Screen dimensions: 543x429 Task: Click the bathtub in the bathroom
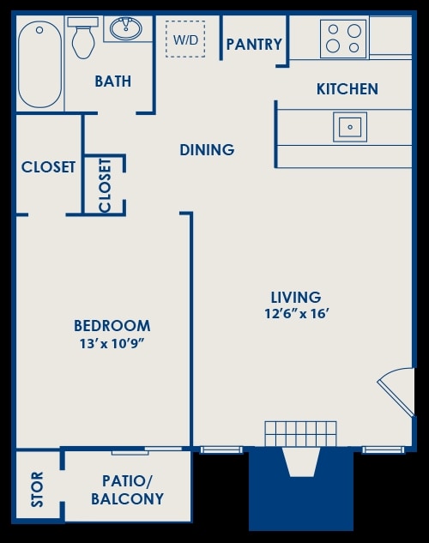40,64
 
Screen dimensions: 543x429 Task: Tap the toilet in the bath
83,38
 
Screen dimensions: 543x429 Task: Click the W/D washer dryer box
184,39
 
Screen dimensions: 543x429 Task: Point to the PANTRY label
254,44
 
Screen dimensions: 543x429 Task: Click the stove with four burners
343,38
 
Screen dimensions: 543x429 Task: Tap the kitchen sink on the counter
349,127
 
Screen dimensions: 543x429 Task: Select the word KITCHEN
347,89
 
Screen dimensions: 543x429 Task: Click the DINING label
207,150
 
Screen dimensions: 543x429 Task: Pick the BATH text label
112,81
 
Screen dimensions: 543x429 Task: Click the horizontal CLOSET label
48,167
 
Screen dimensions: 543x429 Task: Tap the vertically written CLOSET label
105,184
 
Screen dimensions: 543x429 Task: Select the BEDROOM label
112,326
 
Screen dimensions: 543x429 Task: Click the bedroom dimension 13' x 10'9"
112,344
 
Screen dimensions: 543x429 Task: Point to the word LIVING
297,298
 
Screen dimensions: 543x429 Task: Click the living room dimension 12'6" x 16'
297,314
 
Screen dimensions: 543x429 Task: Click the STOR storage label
38,489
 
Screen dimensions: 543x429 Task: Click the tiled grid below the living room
300,433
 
